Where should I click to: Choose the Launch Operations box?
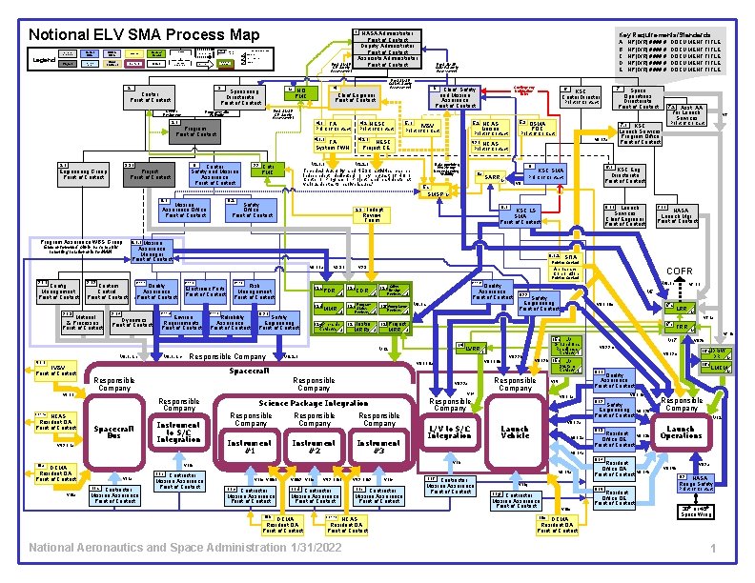click(x=681, y=431)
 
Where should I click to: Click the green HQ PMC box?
click(x=301, y=93)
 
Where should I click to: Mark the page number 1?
click(x=712, y=550)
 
